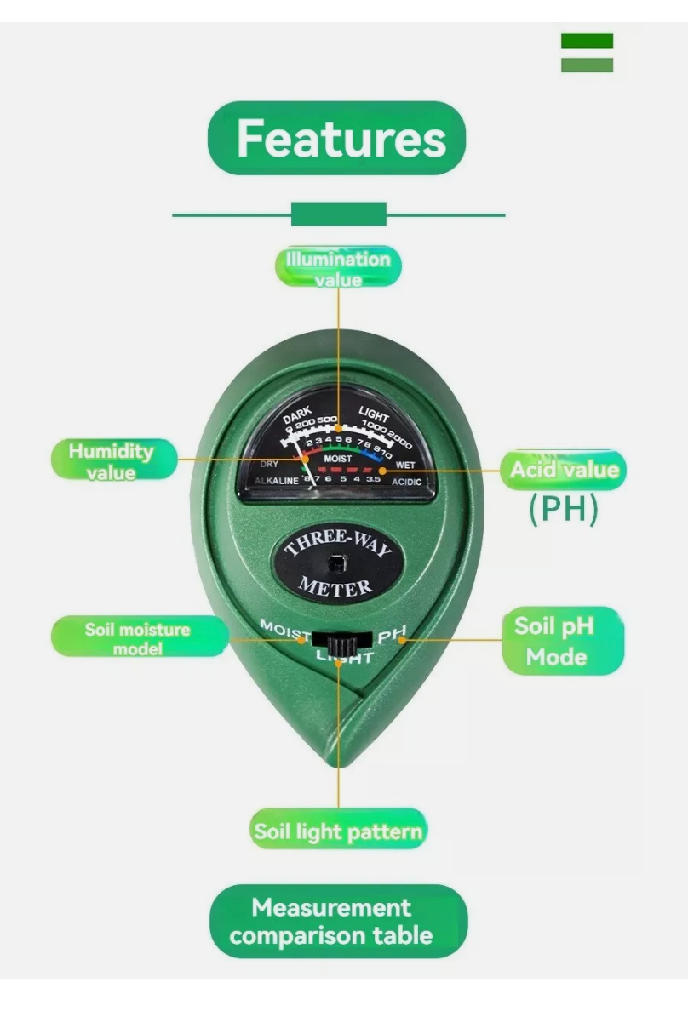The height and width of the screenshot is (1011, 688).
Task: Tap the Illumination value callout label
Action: tap(337, 268)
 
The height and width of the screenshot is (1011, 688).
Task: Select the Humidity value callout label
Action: tap(112, 460)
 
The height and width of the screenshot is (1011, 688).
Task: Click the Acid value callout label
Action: tap(564, 470)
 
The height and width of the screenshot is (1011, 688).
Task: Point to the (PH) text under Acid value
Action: tap(564, 509)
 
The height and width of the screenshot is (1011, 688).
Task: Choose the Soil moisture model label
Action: tap(138, 638)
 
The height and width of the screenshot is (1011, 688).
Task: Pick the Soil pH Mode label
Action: tap(555, 641)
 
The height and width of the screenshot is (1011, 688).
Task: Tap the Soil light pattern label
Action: tap(338, 831)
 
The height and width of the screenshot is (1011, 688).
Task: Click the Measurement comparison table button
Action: tap(338, 922)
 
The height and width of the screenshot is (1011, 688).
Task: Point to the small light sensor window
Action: tap(338, 563)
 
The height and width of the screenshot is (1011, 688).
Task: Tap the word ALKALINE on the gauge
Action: tap(277, 482)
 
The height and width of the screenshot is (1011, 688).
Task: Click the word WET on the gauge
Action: tap(405, 466)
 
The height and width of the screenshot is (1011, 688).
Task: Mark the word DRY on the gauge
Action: tap(269, 464)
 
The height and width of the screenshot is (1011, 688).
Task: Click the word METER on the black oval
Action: tap(335, 586)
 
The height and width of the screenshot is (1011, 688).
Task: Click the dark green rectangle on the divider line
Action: tap(339, 214)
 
